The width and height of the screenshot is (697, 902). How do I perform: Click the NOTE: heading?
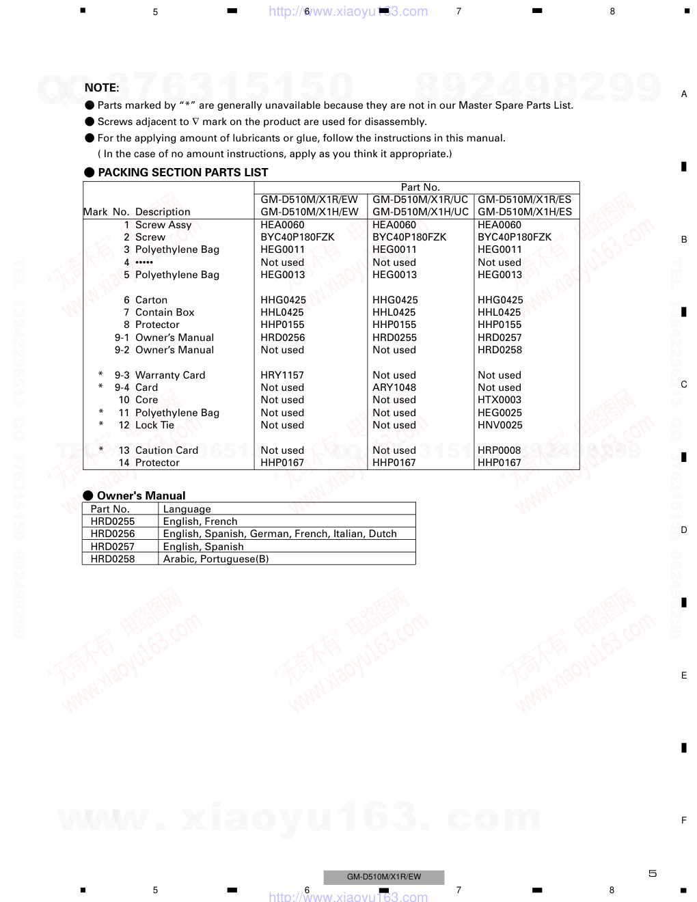click(102, 87)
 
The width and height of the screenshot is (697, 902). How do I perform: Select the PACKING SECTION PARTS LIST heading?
click(182, 172)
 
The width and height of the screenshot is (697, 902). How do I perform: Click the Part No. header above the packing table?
click(420, 187)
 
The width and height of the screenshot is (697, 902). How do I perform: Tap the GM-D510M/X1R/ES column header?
click(524, 200)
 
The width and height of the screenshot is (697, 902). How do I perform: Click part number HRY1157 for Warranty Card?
click(282, 375)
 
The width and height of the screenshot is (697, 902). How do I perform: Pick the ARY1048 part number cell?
click(394, 387)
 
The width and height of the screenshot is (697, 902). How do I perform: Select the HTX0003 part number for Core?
click(500, 400)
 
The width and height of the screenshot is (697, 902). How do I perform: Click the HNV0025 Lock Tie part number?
click(500, 425)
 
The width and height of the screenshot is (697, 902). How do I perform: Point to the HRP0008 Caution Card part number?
click(500, 450)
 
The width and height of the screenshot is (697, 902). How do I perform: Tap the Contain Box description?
click(165, 312)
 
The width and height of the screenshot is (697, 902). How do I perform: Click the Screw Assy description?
click(163, 225)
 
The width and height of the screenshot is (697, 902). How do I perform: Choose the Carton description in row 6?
click(151, 300)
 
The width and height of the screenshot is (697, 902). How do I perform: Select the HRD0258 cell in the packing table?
click(500, 350)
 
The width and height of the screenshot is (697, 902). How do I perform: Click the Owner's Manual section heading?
click(141, 495)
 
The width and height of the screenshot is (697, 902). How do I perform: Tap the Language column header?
click(187, 509)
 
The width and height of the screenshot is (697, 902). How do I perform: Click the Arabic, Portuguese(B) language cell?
click(216, 559)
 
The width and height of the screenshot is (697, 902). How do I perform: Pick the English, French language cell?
click(200, 521)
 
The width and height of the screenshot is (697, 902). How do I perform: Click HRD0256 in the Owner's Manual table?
click(113, 534)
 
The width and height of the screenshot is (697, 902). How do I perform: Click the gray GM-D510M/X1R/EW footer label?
click(384, 877)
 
